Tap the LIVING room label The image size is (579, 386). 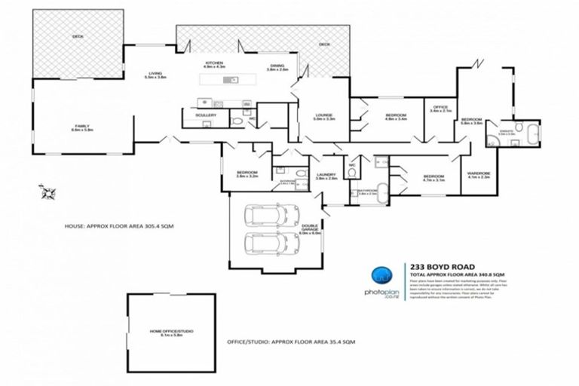click(x=155, y=74)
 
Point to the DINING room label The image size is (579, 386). click(x=278, y=67)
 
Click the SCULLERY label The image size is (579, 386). click(x=207, y=115)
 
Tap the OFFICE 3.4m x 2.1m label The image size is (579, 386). click(x=440, y=109)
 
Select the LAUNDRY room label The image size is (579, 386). click(x=326, y=176)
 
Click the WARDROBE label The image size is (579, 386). click(x=479, y=175)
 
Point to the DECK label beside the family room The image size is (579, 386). click(x=77, y=35)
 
